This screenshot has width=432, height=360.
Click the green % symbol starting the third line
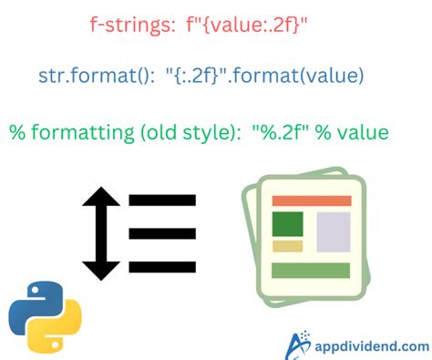point(17,132)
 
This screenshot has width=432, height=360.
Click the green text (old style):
point(186,132)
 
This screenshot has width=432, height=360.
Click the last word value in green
point(363,132)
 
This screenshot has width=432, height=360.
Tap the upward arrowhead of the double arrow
point(103,195)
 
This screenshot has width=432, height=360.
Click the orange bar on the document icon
point(312,201)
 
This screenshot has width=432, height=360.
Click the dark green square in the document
point(287,223)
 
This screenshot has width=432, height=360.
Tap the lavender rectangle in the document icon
point(332,231)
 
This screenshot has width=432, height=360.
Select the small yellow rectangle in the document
point(287,246)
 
